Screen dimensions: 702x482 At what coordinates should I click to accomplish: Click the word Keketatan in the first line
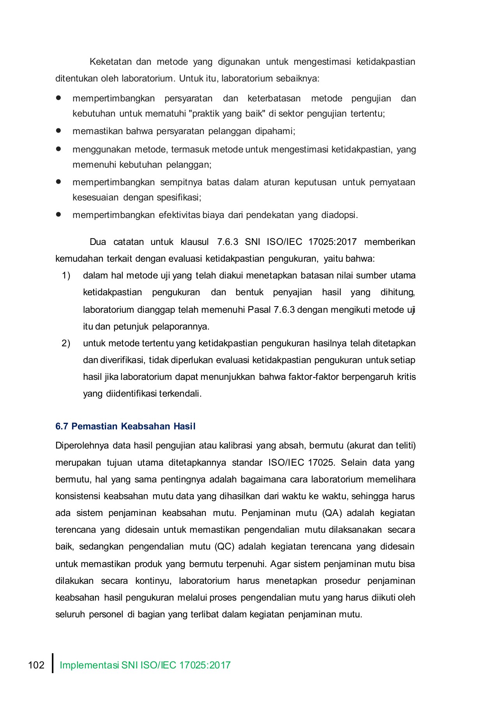(110, 62)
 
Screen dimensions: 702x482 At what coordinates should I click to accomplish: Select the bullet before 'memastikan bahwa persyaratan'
(59, 131)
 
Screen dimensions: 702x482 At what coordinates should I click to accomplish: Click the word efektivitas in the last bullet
(179, 215)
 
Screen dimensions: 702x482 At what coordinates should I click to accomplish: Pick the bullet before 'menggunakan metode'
(59, 149)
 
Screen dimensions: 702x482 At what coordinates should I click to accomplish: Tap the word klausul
(195, 242)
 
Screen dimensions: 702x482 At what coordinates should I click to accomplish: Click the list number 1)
(66, 276)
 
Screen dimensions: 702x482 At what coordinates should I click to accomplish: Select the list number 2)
(66, 344)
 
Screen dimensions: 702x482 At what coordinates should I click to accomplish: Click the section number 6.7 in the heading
(62, 426)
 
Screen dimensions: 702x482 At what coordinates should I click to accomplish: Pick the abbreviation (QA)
(332, 513)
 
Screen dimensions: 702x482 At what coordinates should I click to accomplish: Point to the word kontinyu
(153, 581)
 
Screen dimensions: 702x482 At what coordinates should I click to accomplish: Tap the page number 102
(36, 665)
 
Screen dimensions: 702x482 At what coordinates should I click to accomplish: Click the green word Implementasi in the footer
(89, 665)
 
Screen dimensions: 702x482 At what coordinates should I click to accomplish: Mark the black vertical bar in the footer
(53, 663)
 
